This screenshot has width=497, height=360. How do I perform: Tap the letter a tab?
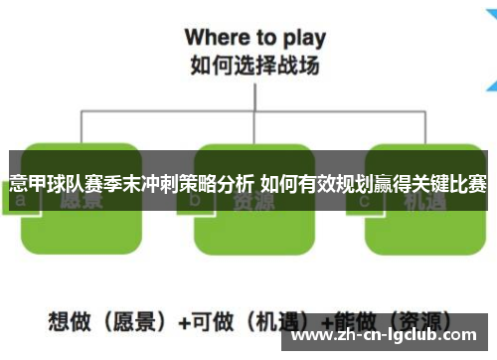21,199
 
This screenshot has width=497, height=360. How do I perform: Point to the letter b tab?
195,199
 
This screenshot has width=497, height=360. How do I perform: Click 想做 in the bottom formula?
66,322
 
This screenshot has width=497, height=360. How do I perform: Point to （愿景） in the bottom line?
125,322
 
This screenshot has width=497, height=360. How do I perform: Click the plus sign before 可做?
184,322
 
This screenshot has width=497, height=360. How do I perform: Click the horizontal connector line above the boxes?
248,112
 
